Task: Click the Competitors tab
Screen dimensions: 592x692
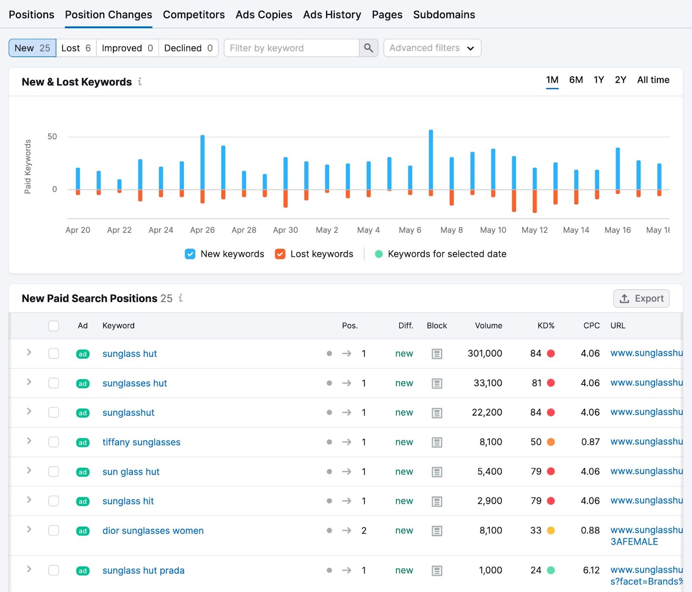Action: [194, 15]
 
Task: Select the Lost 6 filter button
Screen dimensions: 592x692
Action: [76, 48]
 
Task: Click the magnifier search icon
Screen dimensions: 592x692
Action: [368, 48]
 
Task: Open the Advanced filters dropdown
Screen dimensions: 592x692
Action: [432, 48]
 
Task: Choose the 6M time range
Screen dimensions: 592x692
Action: [576, 80]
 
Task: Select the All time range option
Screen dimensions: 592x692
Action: [653, 80]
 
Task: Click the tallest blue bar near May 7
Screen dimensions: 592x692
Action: [431, 160]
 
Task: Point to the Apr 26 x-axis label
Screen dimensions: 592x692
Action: [202, 230]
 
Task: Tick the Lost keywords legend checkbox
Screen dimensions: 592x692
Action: [280, 254]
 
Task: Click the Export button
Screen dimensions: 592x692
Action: [641, 298]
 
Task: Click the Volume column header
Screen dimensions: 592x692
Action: [488, 326]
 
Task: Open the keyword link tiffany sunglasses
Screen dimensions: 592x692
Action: [141, 442]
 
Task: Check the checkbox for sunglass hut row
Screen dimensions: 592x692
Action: [54, 353]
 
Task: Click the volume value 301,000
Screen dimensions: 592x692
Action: [485, 353]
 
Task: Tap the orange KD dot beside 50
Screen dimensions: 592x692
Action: [551, 442]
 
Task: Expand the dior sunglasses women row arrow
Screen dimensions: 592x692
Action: [29, 529]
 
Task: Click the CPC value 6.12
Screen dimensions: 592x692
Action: [591, 570]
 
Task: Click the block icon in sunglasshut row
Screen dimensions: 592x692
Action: [437, 413]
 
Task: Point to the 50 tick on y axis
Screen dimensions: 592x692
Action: [52, 137]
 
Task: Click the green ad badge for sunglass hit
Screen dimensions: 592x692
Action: [83, 501]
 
